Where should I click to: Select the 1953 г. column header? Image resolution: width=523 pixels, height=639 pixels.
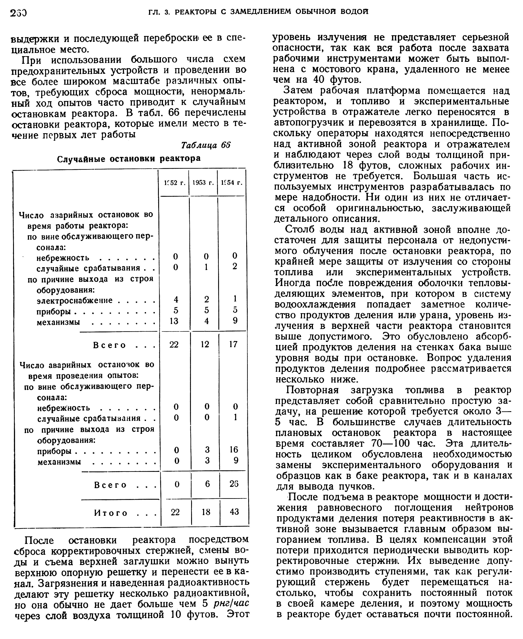(203, 183)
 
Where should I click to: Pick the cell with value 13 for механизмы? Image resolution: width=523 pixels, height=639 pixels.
(174, 321)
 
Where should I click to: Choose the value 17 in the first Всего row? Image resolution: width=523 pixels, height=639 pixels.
(233, 344)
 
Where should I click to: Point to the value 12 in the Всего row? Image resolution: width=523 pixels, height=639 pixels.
(205, 344)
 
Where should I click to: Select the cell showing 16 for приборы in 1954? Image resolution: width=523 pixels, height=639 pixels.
(234, 449)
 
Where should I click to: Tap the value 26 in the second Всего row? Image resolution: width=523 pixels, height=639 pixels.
(234, 484)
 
